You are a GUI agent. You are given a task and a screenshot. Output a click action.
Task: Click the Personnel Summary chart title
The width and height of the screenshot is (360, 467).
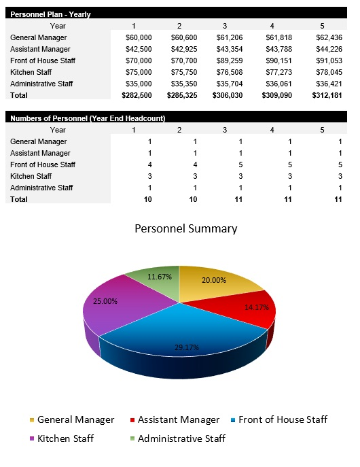click(x=186, y=228)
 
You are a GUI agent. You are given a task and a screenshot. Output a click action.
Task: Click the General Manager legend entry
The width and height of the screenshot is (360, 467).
click(x=71, y=420)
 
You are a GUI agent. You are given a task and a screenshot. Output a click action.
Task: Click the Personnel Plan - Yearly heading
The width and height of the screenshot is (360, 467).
click(x=50, y=14)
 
